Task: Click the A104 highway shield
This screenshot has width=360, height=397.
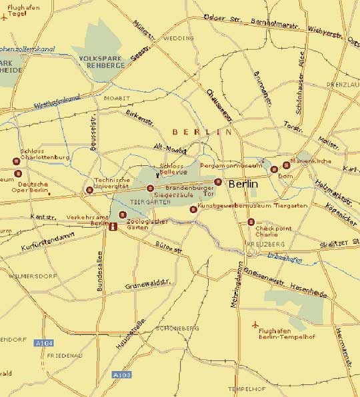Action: point(43,342)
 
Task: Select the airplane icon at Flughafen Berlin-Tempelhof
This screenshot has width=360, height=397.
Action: point(255,324)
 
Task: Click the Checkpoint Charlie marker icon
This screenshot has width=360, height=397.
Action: point(251,222)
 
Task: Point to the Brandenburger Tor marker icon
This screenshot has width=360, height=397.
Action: point(217,182)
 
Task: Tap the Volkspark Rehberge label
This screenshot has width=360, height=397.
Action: point(102,63)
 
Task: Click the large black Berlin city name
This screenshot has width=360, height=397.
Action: point(243,183)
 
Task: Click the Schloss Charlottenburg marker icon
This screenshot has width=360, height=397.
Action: point(16,161)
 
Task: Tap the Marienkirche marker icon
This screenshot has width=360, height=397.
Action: point(287,165)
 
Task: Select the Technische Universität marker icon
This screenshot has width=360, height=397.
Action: point(89,191)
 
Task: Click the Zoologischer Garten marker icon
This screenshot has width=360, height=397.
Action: point(122,214)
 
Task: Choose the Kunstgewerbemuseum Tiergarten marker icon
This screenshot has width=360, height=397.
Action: point(193,209)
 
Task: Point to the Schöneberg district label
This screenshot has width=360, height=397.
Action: point(176,328)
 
